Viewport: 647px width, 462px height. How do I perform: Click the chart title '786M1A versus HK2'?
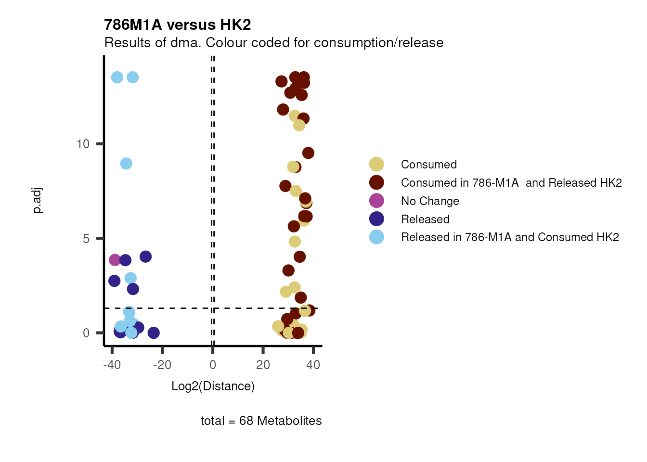pos(177,25)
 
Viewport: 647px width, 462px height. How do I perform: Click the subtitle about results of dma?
pos(273,43)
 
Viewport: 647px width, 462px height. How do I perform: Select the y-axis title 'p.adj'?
pos(38,201)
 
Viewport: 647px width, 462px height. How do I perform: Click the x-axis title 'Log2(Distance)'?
pos(213,386)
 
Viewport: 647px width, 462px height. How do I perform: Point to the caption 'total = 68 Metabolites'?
pos(261,421)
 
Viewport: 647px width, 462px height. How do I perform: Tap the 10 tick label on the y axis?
pos(83,144)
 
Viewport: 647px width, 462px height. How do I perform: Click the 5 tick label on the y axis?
pos(86,239)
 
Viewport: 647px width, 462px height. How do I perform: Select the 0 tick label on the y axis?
pos(86,333)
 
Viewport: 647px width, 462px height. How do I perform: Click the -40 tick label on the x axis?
pos(112,365)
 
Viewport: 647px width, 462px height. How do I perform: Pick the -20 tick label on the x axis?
pos(162,365)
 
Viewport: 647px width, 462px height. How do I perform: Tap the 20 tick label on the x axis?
pos(263,365)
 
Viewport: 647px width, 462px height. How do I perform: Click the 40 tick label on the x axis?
pos(313,365)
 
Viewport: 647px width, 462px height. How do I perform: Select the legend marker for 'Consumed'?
pos(376,164)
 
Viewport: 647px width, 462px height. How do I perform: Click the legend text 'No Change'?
pos(430,201)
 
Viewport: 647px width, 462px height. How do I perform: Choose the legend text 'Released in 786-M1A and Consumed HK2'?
pos(510,237)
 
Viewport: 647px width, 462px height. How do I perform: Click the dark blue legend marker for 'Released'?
pos(376,219)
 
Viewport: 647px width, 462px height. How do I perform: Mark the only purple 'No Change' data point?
pos(115,260)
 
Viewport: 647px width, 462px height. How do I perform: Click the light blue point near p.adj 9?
pos(126,164)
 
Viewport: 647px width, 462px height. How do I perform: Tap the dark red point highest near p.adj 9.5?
pos(308,153)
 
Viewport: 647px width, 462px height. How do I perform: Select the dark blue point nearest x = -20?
pos(154,333)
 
